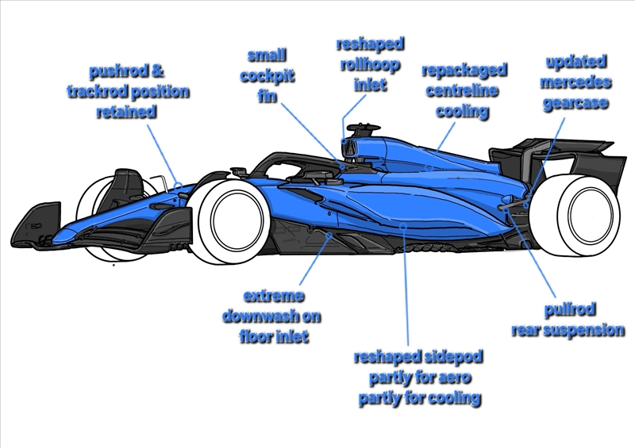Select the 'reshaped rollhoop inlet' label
(x=370, y=63)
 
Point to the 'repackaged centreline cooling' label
(x=464, y=90)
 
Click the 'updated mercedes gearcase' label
(x=576, y=82)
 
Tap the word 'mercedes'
(x=576, y=82)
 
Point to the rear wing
(x=556, y=159)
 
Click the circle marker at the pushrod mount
(x=179, y=187)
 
